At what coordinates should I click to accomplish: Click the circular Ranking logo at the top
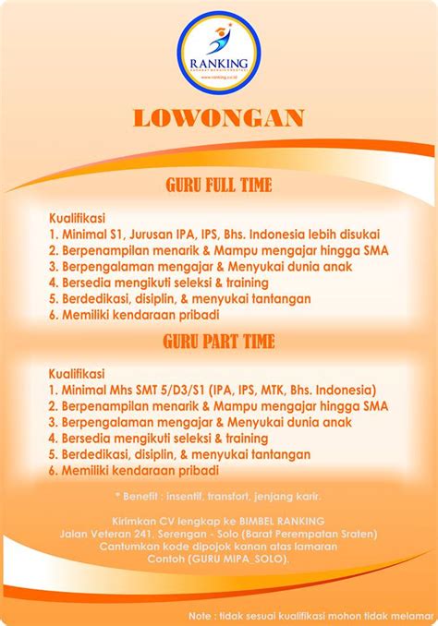click(x=218, y=50)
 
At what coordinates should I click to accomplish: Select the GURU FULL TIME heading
click(x=218, y=184)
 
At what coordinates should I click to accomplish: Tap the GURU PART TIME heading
click(x=218, y=341)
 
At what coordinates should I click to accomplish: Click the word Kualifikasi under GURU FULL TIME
click(x=79, y=218)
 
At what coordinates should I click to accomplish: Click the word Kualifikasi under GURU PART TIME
click(x=79, y=374)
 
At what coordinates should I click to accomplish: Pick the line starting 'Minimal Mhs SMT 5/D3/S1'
click(x=213, y=390)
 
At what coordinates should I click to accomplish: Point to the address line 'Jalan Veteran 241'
click(x=218, y=533)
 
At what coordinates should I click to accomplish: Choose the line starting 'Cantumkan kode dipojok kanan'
click(x=218, y=547)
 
